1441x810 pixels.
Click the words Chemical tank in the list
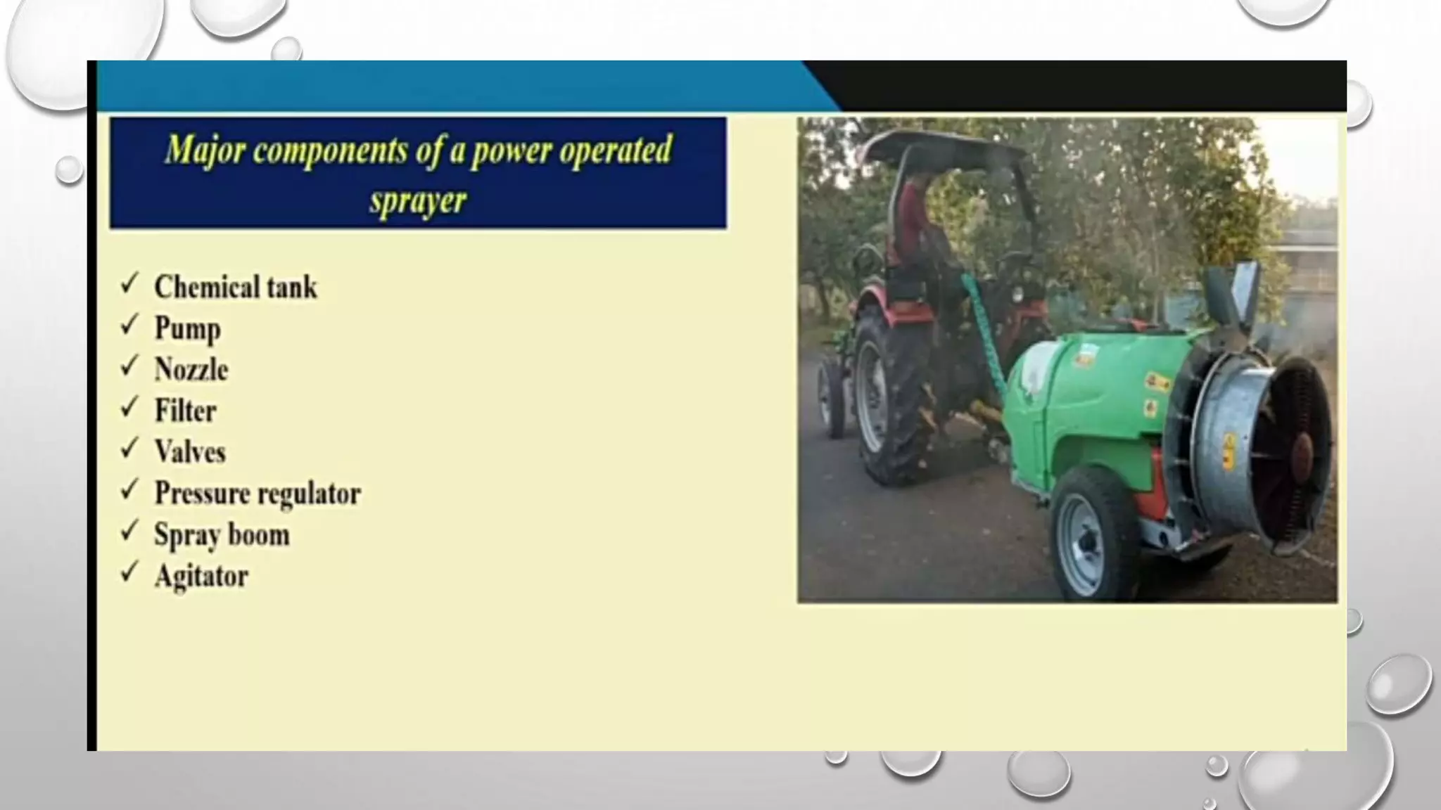[x=235, y=287]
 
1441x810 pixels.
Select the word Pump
[x=187, y=328]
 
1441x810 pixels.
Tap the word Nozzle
[x=191, y=370]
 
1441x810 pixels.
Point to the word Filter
[x=185, y=411]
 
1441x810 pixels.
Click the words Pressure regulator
[x=258, y=493]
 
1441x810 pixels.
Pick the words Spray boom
[x=222, y=534]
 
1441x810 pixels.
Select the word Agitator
[x=201, y=576]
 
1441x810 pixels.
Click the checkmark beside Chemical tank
[x=129, y=284]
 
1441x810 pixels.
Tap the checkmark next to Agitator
[x=129, y=572]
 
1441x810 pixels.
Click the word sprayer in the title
[x=418, y=201]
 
